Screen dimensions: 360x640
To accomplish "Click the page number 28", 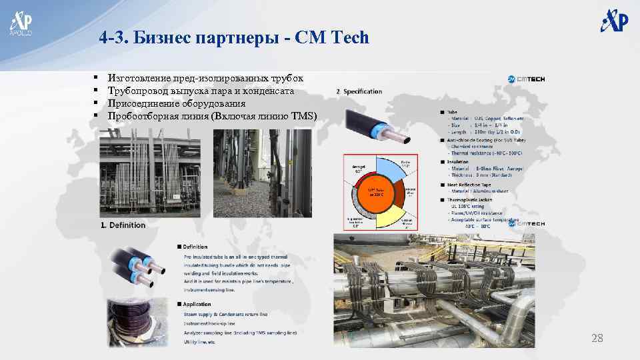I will point(597,339).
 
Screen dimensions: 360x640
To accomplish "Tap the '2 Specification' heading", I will point(359,91).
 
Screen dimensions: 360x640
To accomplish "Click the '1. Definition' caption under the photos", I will point(123,225).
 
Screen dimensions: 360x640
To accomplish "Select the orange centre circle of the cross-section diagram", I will point(377,193).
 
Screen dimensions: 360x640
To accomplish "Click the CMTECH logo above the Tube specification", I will point(527,79).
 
